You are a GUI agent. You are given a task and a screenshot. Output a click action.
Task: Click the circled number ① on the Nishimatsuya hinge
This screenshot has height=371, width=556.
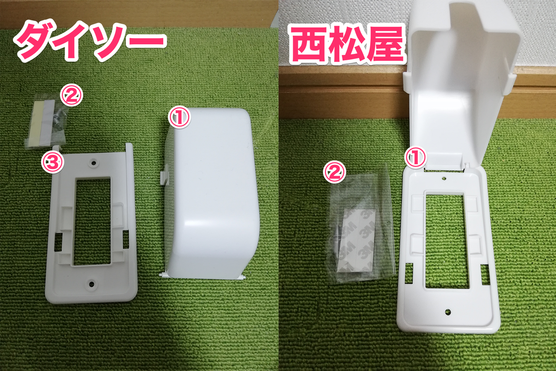[416, 158]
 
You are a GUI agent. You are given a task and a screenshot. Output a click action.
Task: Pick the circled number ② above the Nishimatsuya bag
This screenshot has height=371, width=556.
[334, 173]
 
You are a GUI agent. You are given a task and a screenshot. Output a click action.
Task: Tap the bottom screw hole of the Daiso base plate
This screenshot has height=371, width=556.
[92, 284]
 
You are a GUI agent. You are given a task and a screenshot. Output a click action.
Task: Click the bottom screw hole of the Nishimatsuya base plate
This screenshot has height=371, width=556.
[448, 312]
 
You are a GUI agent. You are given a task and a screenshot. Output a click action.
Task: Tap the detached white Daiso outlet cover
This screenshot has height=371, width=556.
[213, 195]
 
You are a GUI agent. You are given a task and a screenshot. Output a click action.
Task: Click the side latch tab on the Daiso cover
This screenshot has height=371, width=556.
[164, 177]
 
